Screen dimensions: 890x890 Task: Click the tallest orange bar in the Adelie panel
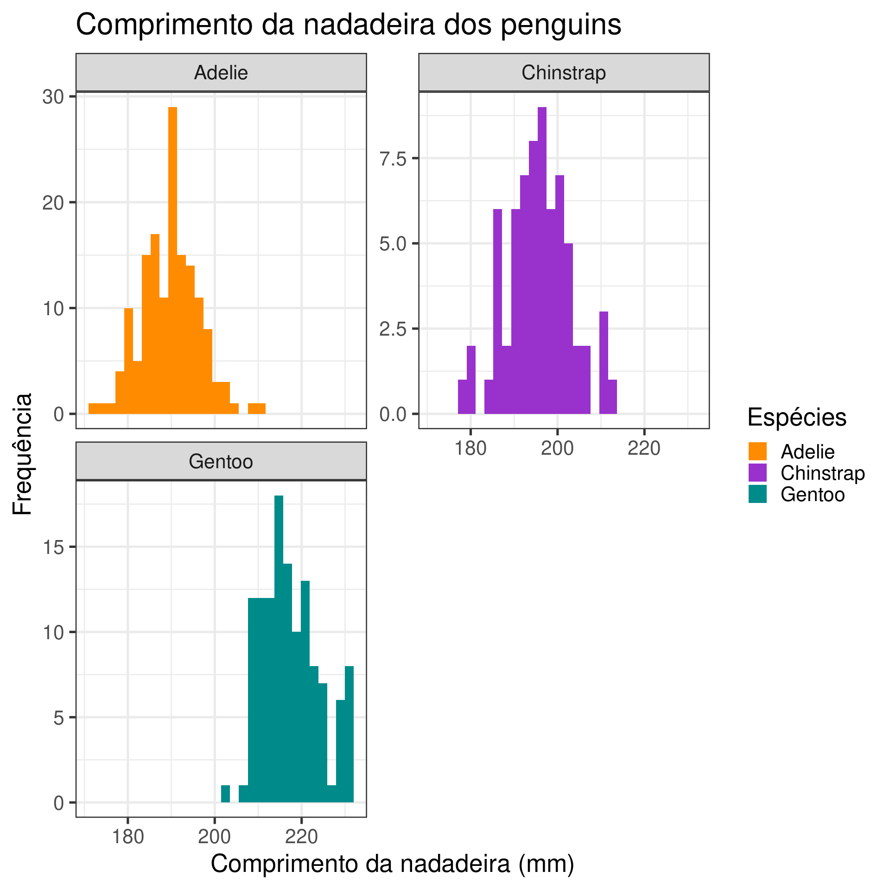pyautogui.click(x=172, y=260)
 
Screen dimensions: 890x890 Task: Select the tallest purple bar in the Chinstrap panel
pyautogui.click(x=542, y=260)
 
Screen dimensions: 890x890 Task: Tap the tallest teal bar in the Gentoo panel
pyautogui.click(x=279, y=649)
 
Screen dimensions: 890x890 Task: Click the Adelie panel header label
pyautogui.click(x=221, y=73)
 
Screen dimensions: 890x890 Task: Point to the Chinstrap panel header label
pyautogui.click(x=564, y=73)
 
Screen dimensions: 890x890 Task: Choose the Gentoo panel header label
pyautogui.click(x=221, y=462)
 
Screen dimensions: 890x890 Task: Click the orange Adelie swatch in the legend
pyautogui.click(x=757, y=451)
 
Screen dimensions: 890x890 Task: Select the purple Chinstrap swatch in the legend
pyautogui.click(x=757, y=473)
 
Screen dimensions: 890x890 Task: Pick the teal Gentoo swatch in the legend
pyautogui.click(x=757, y=494)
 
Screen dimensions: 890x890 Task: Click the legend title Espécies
pyautogui.click(x=797, y=417)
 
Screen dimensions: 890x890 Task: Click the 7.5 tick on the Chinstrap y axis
pyautogui.click(x=393, y=159)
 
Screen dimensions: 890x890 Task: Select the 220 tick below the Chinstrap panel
pyautogui.click(x=644, y=449)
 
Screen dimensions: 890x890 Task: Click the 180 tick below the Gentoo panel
pyautogui.click(x=128, y=837)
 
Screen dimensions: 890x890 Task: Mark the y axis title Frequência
pyautogui.click(x=22, y=454)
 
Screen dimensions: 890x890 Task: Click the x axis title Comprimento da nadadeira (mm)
pyautogui.click(x=392, y=864)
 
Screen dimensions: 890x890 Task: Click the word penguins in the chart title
pyautogui.click(x=561, y=25)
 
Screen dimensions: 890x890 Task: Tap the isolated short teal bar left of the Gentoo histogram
pyautogui.click(x=225, y=794)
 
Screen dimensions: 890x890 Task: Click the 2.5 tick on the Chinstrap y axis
pyautogui.click(x=393, y=329)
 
